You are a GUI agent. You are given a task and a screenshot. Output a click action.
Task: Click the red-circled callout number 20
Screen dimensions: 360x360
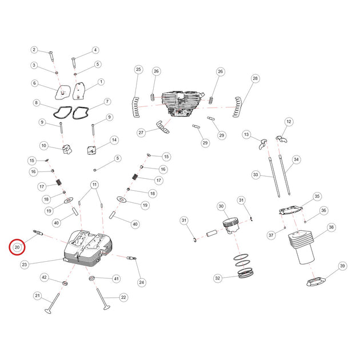[x=17, y=247]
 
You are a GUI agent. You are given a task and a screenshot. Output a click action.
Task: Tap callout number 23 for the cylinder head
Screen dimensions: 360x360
[x=25, y=265]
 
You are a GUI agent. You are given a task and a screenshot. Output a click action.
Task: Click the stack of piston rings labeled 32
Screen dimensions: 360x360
[x=244, y=266]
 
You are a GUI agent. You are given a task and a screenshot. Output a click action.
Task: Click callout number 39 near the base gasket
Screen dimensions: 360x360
[x=342, y=266]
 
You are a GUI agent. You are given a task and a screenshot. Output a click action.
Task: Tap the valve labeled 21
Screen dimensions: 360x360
[x=53, y=303]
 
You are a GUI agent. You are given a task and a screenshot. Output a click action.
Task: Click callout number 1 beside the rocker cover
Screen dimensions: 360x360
[x=101, y=82]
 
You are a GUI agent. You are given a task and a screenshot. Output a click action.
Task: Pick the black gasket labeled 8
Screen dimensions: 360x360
[x=62, y=112]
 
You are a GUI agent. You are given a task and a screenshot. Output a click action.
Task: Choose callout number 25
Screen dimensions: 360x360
[x=138, y=69]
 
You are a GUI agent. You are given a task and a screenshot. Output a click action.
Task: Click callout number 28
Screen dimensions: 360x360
[x=255, y=78]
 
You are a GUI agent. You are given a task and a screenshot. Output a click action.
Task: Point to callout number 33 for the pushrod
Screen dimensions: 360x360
[x=255, y=175]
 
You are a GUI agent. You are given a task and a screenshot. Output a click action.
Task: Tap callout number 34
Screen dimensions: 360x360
[x=296, y=159]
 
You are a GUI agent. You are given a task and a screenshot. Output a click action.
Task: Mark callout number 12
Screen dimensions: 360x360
[x=289, y=122]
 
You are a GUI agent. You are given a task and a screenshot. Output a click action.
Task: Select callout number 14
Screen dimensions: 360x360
[x=114, y=140]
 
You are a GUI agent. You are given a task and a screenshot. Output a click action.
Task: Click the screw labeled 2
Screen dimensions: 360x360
[x=51, y=56]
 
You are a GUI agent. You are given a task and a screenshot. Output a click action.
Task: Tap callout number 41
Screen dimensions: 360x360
[x=117, y=278]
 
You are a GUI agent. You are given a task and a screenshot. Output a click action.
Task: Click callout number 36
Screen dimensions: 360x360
[x=323, y=210]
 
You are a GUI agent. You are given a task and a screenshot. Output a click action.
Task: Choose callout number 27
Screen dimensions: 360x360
[x=141, y=133]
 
